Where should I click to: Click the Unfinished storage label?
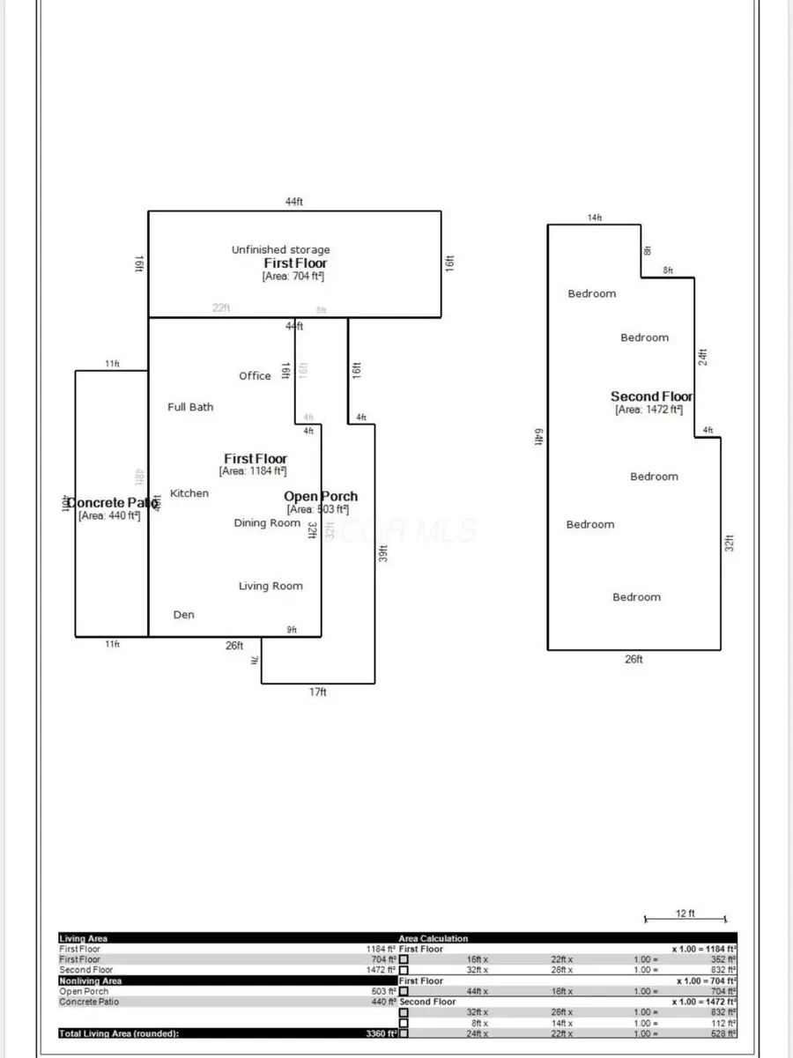[x=280, y=250]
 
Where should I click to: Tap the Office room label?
[x=255, y=376]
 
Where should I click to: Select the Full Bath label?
[x=190, y=407]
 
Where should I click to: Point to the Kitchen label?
[x=189, y=493]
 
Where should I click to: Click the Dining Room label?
[x=267, y=523]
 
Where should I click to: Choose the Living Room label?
[x=271, y=586]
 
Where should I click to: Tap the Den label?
[x=183, y=615]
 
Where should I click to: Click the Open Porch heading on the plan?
[x=321, y=497]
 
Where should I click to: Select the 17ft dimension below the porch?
[x=317, y=692]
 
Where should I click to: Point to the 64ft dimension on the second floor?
[x=537, y=437]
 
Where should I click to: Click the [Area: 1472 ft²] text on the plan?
[x=648, y=410]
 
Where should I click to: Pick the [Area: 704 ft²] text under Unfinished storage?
[x=293, y=277]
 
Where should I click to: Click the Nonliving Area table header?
[x=90, y=980]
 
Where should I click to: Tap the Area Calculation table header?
[x=434, y=938]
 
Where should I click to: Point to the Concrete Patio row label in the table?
[x=88, y=1002]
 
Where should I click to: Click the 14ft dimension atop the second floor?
[x=595, y=218]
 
